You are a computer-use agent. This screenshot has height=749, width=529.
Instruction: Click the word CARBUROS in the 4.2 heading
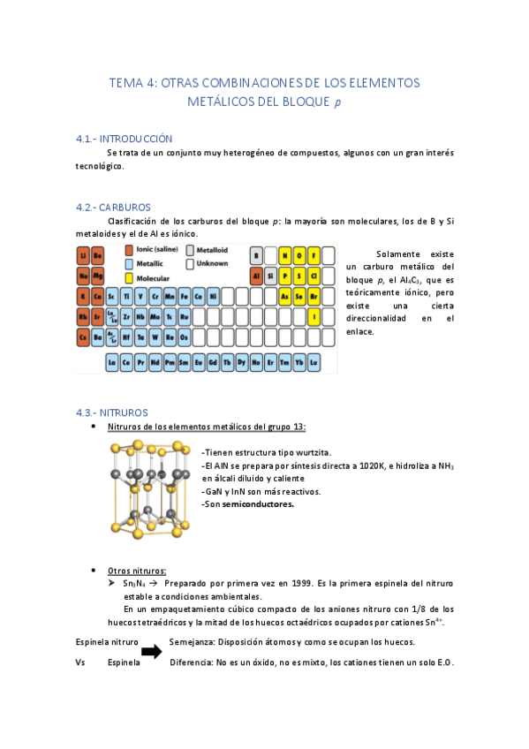pyautogui.click(x=126, y=208)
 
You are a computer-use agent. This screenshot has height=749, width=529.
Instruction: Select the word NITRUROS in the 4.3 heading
pyautogui.click(x=124, y=412)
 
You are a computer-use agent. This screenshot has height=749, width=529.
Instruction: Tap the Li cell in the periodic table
pyautogui.click(x=83, y=256)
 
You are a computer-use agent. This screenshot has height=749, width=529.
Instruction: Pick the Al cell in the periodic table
pyautogui.click(x=257, y=276)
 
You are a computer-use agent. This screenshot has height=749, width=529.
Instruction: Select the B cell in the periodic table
pyautogui.click(x=257, y=256)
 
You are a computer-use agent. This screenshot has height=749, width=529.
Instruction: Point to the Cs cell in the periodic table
pyautogui.click(x=83, y=337)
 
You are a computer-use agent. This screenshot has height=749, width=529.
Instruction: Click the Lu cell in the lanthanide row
pyautogui.click(x=314, y=362)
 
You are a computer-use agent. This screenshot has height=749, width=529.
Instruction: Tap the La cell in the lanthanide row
pyautogui.click(x=112, y=362)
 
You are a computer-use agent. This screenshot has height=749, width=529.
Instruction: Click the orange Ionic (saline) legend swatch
pyautogui.click(x=129, y=250)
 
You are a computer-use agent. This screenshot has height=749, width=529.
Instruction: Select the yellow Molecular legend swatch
pyautogui.click(x=129, y=277)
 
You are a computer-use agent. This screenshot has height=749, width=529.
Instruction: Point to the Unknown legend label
pyautogui.click(x=212, y=263)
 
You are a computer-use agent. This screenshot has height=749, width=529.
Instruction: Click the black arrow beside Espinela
pyautogui.click(x=152, y=652)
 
